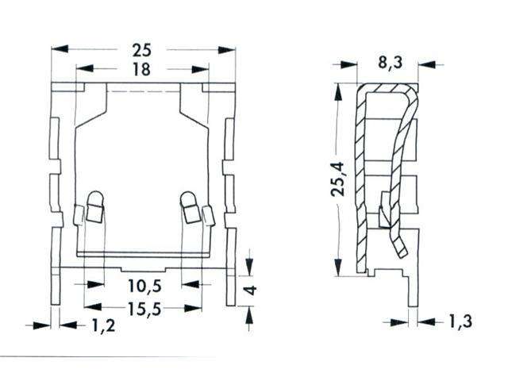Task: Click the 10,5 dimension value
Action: pos(142,285)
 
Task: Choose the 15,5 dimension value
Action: pos(142,309)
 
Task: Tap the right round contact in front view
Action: pos(189,198)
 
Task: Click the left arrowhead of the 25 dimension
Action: pos(57,49)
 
